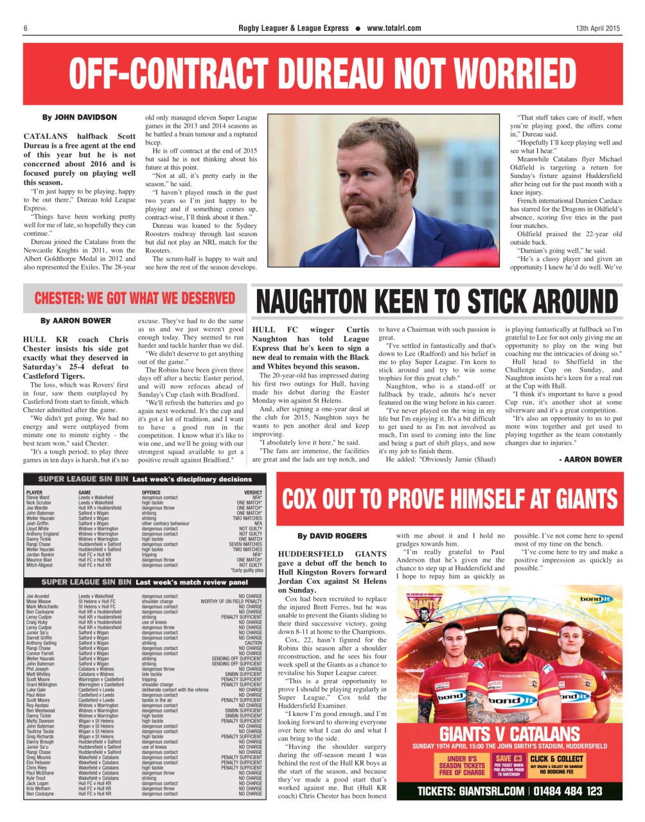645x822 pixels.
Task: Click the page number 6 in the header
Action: [25, 28]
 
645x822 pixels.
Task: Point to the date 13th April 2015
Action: [597, 28]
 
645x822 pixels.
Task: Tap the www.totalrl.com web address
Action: [394, 28]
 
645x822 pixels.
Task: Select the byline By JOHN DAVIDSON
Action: [80, 118]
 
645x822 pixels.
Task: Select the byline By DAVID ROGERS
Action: [332, 536]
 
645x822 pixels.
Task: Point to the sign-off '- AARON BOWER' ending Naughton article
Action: [590, 459]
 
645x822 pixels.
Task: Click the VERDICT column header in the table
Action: [253, 493]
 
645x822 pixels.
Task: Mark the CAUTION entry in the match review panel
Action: [253, 643]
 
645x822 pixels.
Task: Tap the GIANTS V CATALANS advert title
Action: [509, 733]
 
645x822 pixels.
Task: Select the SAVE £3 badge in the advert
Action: [507, 758]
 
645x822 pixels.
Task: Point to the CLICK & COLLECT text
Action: [556, 758]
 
